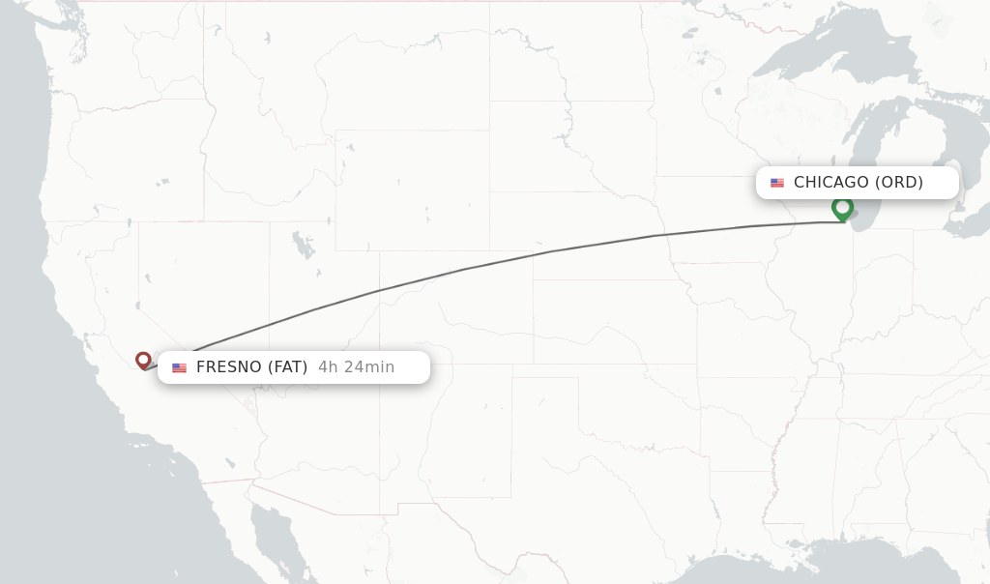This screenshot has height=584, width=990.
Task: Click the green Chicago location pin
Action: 842,207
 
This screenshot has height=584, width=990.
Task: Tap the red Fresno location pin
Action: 143,360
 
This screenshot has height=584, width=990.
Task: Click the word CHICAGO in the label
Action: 830,182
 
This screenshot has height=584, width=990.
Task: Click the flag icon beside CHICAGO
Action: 777,183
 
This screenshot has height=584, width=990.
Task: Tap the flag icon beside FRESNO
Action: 179,367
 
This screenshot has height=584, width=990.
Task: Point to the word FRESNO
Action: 228,367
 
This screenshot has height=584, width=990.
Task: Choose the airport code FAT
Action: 287,367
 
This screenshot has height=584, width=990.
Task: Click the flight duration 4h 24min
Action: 356,367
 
